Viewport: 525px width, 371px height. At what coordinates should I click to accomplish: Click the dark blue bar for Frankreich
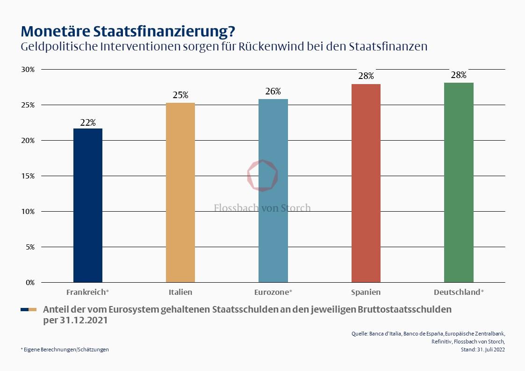tap(88, 205)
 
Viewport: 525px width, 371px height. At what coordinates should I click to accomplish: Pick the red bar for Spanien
tap(366, 183)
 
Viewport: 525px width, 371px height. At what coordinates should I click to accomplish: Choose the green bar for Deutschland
tap(459, 182)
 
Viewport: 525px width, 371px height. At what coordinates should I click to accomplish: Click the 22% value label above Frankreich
tap(88, 123)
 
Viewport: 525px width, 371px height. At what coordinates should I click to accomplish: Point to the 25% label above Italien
tap(180, 95)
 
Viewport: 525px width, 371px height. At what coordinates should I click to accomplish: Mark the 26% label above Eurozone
tap(273, 92)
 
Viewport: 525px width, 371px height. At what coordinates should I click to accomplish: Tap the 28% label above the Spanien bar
tap(366, 76)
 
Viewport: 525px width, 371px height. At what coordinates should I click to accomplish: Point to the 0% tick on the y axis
tap(30, 283)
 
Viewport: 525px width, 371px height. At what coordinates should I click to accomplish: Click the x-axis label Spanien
tap(366, 293)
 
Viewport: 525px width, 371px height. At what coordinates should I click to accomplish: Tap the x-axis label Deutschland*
tap(459, 293)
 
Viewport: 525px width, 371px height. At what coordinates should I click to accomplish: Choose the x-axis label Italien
tap(180, 293)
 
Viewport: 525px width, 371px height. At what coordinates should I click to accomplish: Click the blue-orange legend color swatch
tap(29, 310)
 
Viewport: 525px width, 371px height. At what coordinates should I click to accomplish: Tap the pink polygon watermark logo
tap(262, 175)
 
